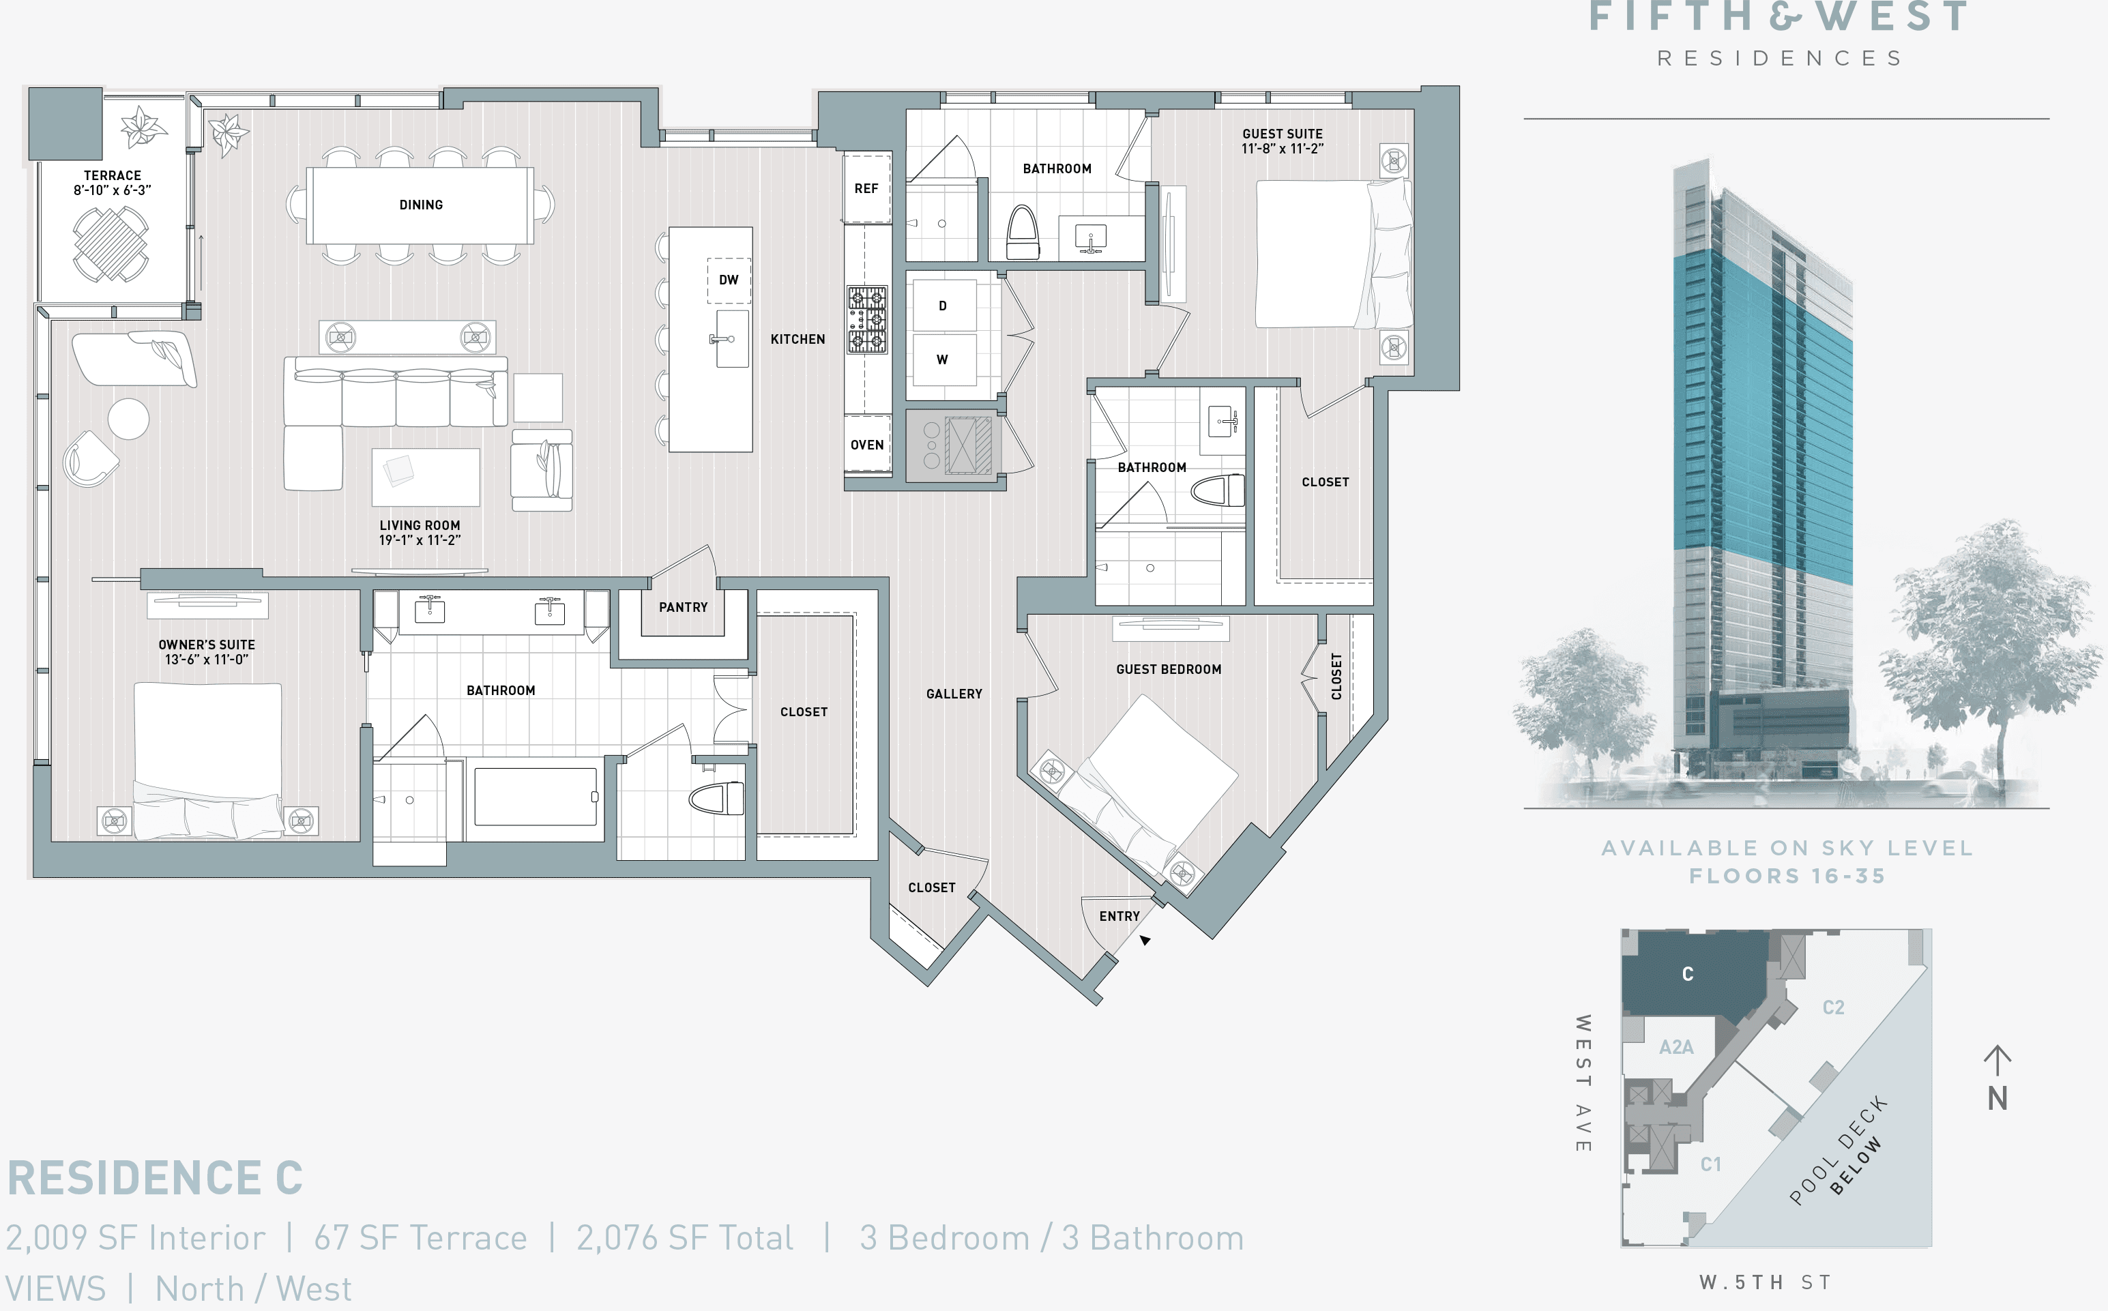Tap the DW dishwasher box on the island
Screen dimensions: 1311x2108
coord(729,280)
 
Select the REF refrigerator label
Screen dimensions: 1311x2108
coord(866,188)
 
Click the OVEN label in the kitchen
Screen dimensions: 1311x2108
coord(866,445)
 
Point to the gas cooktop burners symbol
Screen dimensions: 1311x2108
coord(867,320)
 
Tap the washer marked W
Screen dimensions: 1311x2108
coord(943,359)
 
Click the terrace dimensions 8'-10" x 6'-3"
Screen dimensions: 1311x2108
coord(112,190)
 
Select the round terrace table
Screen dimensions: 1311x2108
coord(110,244)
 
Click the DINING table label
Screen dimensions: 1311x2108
coord(420,205)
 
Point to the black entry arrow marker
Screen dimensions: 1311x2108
coord(1145,940)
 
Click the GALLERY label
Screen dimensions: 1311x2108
coord(954,694)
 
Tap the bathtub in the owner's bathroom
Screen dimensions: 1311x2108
coord(535,797)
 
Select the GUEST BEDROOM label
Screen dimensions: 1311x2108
coord(1168,669)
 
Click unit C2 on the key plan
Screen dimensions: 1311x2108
coord(1833,1007)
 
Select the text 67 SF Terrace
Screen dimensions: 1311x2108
coord(420,1237)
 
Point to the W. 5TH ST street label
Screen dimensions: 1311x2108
coord(1765,1282)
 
